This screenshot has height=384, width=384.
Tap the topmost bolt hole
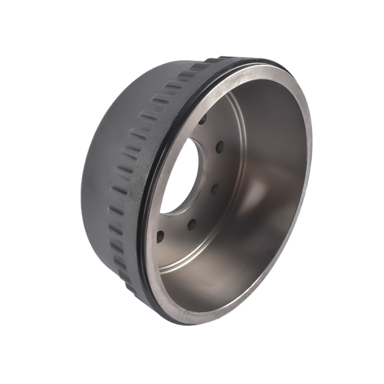coord(203,120)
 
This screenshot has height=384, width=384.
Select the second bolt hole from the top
coord(220,148)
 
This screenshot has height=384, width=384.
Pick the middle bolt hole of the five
coord(214,189)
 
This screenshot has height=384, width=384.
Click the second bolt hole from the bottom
coord(191,223)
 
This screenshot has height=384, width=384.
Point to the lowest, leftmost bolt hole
coord(160,236)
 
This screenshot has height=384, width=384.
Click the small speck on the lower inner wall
coord(211,282)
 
